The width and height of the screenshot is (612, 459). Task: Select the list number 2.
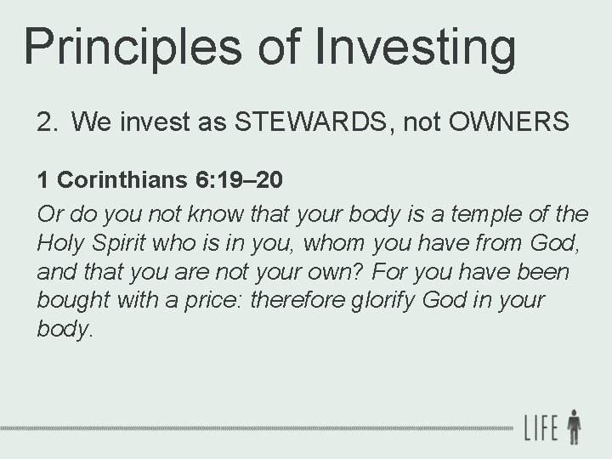pyautogui.click(x=47, y=123)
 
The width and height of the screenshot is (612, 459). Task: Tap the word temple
pyautogui.click(x=474, y=213)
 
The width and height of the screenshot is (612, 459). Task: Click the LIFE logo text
pyautogui.click(x=541, y=425)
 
